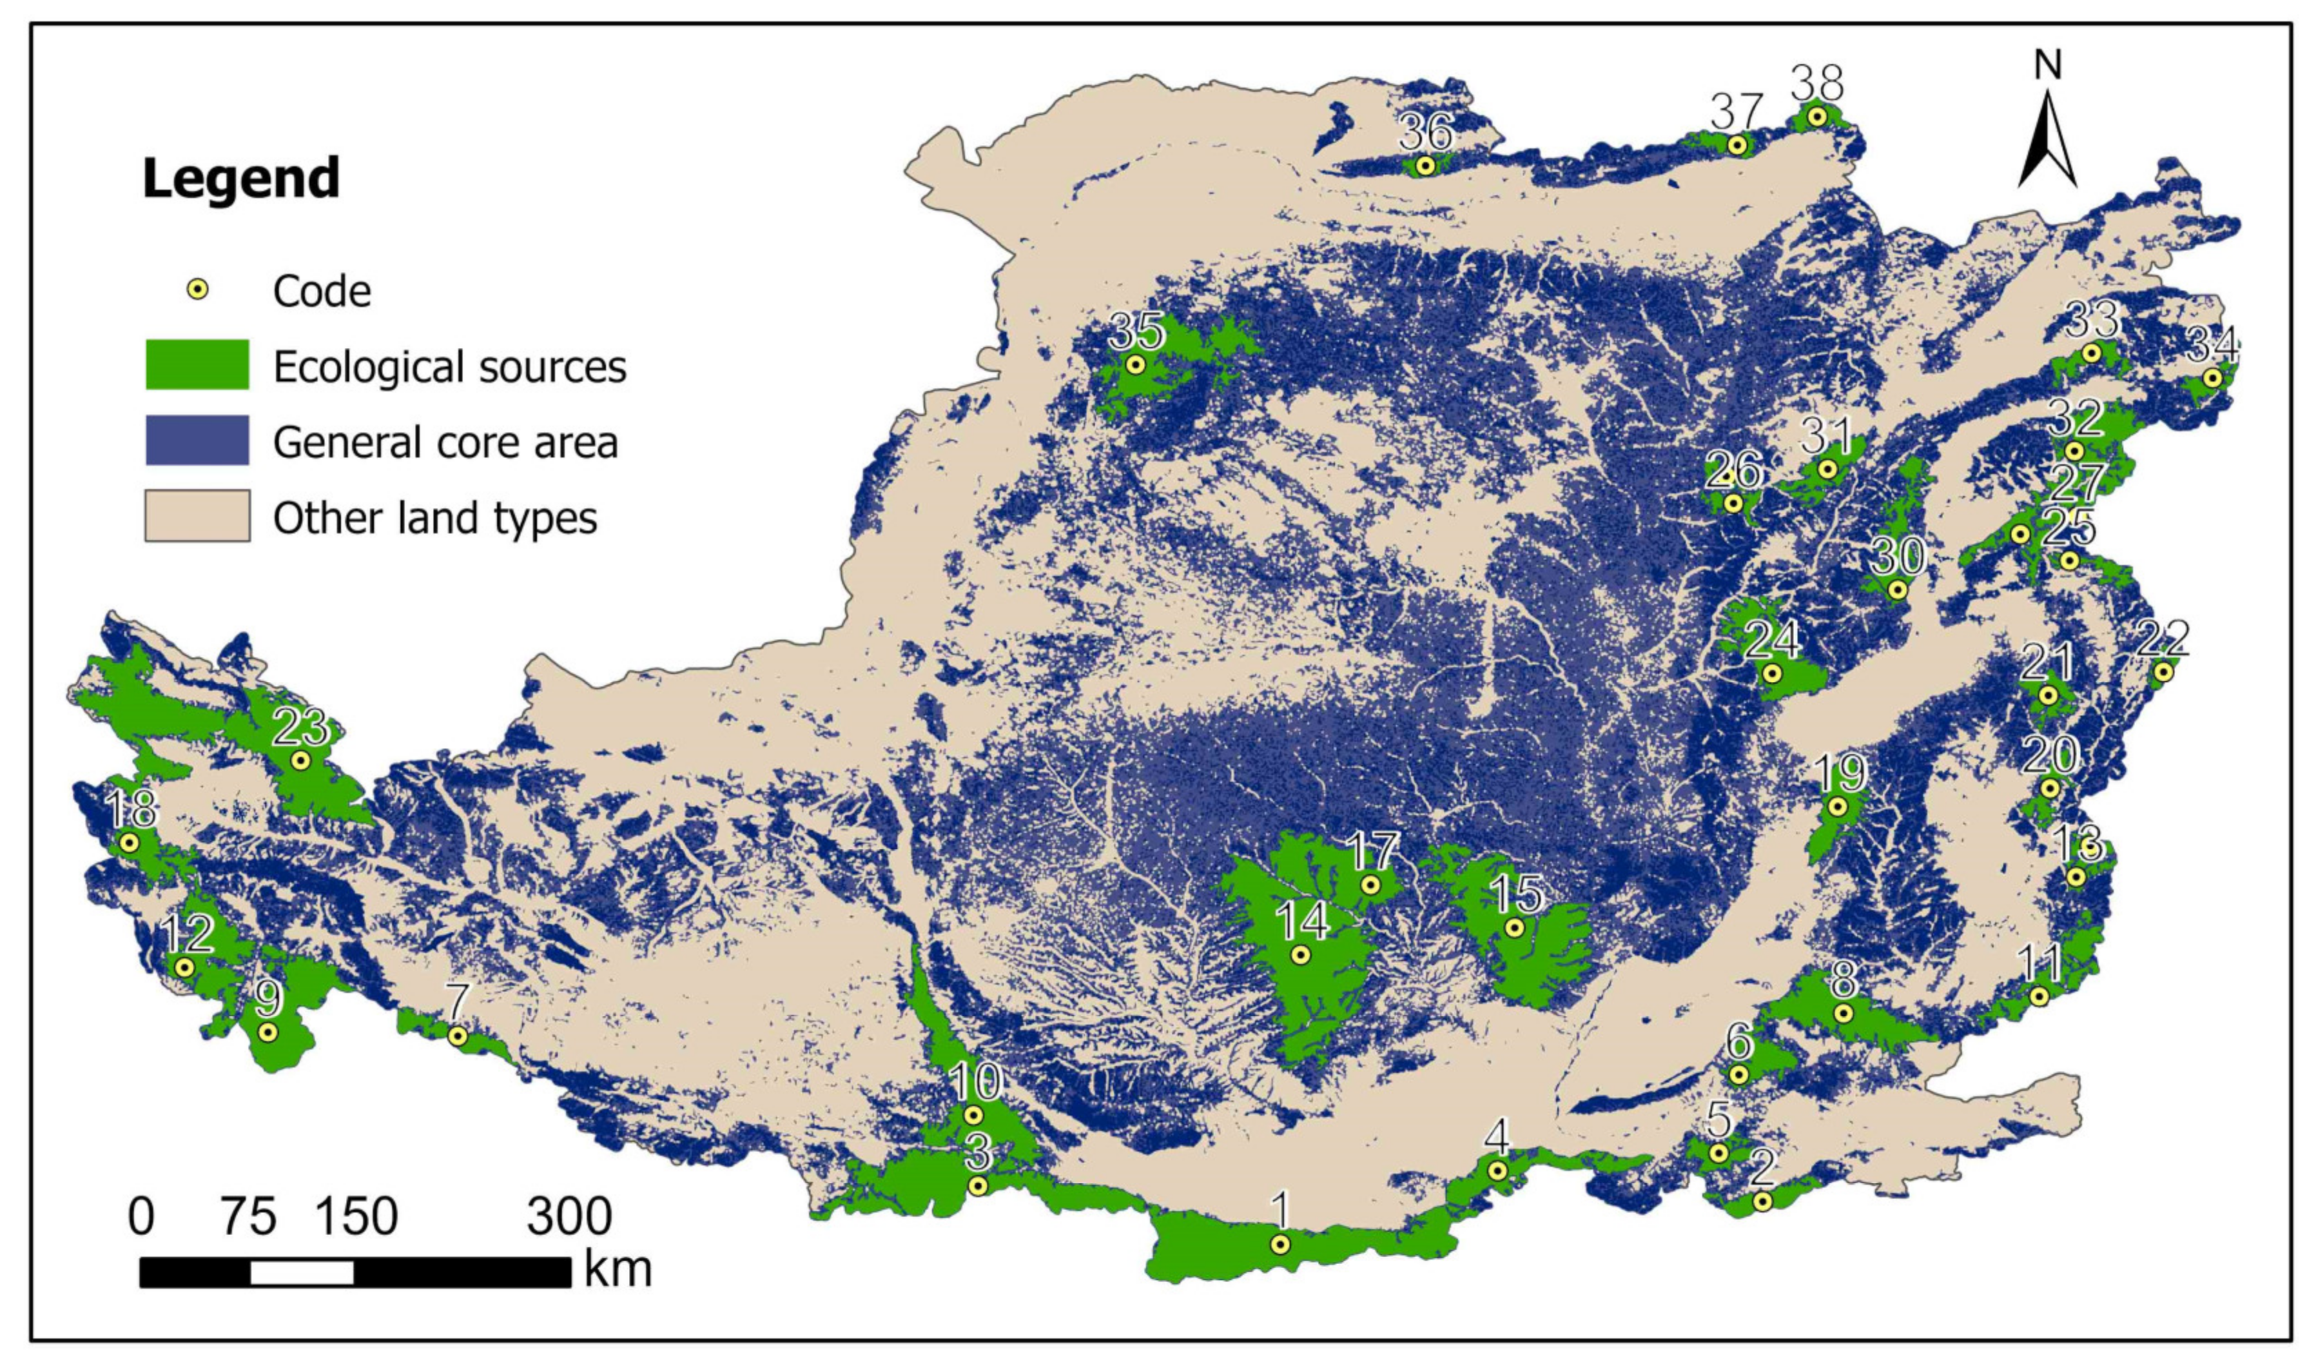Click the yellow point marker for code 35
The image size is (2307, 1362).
point(1136,364)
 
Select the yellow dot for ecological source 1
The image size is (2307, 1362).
point(1280,1245)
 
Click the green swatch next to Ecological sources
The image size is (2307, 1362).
point(197,364)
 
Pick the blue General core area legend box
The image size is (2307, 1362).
point(197,440)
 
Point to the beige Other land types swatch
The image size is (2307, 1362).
point(197,516)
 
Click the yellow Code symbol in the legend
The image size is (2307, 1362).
point(197,290)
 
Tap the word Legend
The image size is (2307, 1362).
point(240,178)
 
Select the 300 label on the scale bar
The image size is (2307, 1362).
point(568,1217)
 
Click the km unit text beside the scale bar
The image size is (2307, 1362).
point(617,1271)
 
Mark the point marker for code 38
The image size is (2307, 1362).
point(1816,117)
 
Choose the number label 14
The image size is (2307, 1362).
point(1302,920)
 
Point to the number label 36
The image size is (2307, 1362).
point(1425,134)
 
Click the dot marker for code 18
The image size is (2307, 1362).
point(130,842)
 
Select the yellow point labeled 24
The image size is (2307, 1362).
point(1772,673)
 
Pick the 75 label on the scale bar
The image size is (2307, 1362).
point(248,1217)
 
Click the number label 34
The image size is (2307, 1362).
point(2212,347)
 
